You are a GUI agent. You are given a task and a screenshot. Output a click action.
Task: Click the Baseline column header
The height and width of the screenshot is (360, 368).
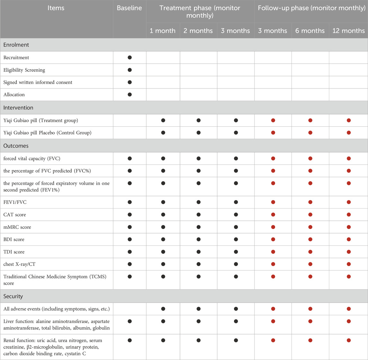130,8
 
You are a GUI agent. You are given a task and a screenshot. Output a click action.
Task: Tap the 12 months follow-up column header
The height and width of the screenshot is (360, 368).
348,31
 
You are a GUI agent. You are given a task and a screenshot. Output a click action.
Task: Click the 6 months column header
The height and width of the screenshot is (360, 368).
310,31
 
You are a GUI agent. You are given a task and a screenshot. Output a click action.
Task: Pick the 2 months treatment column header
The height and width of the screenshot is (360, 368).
198,31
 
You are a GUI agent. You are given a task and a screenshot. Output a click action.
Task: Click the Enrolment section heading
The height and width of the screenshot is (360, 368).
16,45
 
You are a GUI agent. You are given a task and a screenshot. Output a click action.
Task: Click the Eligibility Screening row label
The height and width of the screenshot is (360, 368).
24,70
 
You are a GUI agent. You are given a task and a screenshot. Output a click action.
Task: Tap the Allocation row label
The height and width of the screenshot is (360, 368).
14,95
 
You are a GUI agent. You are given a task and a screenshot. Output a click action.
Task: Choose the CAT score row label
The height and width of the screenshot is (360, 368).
14,215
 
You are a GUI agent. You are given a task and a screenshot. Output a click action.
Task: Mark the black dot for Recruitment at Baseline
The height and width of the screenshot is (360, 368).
130,57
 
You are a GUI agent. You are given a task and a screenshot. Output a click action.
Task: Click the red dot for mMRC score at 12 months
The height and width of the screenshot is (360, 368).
349,227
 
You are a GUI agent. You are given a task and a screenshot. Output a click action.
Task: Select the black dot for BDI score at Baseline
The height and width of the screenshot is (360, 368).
130,240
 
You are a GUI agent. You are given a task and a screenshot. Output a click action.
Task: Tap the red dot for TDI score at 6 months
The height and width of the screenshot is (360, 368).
310,252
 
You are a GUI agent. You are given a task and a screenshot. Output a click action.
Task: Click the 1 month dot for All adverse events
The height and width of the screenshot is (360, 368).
163,309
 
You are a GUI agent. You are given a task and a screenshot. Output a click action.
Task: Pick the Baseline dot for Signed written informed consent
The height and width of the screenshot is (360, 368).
130,82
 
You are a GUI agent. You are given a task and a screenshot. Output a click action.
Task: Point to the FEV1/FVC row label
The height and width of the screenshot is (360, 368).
16,202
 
